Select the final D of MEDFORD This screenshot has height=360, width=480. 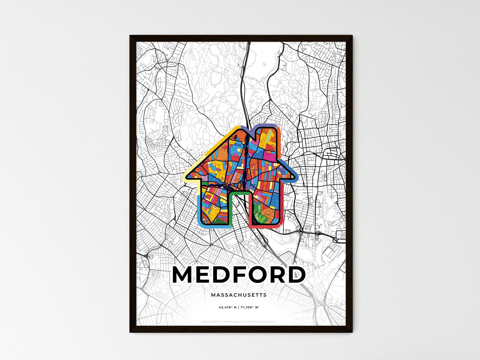click(x=294, y=275)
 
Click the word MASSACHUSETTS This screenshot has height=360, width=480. click(x=239, y=295)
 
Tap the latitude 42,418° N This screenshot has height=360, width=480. click(x=228, y=307)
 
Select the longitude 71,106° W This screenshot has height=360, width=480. click(x=249, y=307)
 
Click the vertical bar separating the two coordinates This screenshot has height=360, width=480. click(x=239, y=307)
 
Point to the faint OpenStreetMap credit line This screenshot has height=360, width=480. click(x=239, y=321)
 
